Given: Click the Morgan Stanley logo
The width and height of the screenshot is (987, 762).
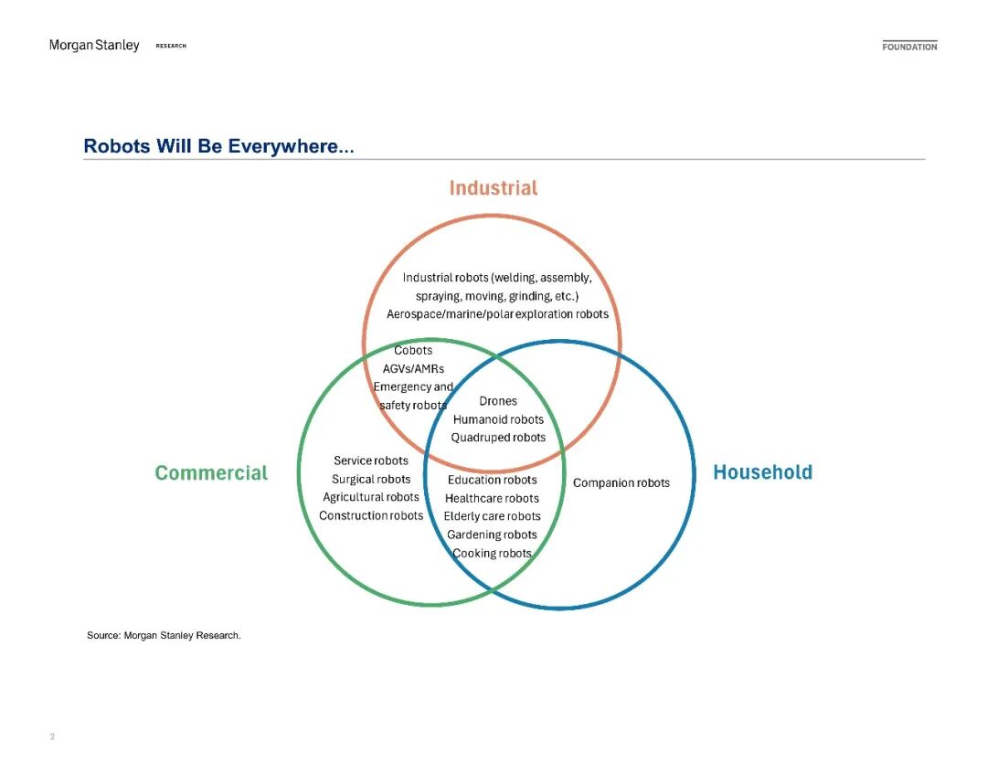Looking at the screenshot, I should click(94, 46).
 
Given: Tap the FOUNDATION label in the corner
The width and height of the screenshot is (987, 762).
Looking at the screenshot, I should click(909, 47).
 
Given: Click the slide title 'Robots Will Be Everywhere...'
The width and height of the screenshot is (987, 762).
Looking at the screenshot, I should click(218, 146).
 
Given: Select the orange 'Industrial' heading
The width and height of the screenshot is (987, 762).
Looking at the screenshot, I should click(493, 188).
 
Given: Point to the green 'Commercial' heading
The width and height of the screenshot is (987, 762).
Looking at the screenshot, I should click(211, 473).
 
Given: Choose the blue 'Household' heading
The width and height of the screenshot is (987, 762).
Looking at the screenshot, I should click(762, 472).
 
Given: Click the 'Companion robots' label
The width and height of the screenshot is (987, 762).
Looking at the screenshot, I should click(621, 482).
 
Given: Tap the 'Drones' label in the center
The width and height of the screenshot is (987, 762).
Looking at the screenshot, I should click(498, 401).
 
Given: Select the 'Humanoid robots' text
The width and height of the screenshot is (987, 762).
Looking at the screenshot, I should click(498, 419).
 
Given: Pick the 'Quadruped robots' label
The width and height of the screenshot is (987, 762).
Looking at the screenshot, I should click(498, 438).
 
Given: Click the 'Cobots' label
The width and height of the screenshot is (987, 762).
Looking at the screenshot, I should click(413, 351).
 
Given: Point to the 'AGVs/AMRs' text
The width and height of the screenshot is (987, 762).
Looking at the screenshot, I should click(413, 369).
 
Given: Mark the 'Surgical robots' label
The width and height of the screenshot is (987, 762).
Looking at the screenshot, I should click(371, 480).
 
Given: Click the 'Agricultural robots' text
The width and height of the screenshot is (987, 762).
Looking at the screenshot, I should click(371, 498).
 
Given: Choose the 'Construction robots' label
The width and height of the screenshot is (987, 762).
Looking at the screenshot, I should click(371, 516).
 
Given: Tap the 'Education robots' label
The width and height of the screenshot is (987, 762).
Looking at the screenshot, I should click(493, 480).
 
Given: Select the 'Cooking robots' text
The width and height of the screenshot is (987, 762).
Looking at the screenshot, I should click(493, 554).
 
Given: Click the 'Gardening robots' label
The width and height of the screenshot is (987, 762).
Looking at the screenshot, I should click(493, 535).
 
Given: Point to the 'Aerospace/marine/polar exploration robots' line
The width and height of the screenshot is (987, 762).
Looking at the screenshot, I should click(497, 314).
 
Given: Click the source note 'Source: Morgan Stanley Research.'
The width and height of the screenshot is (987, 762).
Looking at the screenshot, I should click(164, 635).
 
